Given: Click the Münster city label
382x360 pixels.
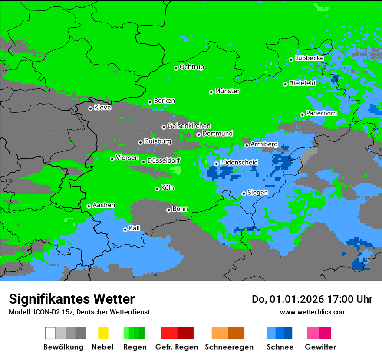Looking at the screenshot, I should [x=227, y=91].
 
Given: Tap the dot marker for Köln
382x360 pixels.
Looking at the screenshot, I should [x=157, y=189].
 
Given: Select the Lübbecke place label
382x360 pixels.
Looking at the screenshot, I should [x=309, y=58].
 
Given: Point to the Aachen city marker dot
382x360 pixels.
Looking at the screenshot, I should [x=89, y=206].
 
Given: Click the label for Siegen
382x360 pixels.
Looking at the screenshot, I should [x=257, y=192].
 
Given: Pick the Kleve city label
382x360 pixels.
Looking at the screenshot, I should [x=102, y=107].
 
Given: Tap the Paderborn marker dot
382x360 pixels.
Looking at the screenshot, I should [x=302, y=115].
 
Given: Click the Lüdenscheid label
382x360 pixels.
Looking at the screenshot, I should [x=239, y=162].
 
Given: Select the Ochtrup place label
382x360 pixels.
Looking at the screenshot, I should [x=191, y=67].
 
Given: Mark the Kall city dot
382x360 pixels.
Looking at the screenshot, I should [x=125, y=229].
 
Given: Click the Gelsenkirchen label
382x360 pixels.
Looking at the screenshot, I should [x=189, y=126].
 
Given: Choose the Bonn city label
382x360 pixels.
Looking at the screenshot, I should [x=180, y=209].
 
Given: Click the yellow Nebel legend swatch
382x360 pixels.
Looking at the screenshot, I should [x=103, y=333].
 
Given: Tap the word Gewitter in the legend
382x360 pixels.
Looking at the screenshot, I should [x=320, y=347].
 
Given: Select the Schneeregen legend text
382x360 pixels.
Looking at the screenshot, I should [x=229, y=347].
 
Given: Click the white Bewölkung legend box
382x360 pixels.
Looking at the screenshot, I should [x=50, y=333].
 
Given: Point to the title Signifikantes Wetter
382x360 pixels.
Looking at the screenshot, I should [x=72, y=299].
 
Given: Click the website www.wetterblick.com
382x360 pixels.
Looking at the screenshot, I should [x=313, y=312].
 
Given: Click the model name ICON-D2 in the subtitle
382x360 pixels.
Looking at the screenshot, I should [x=41, y=312].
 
